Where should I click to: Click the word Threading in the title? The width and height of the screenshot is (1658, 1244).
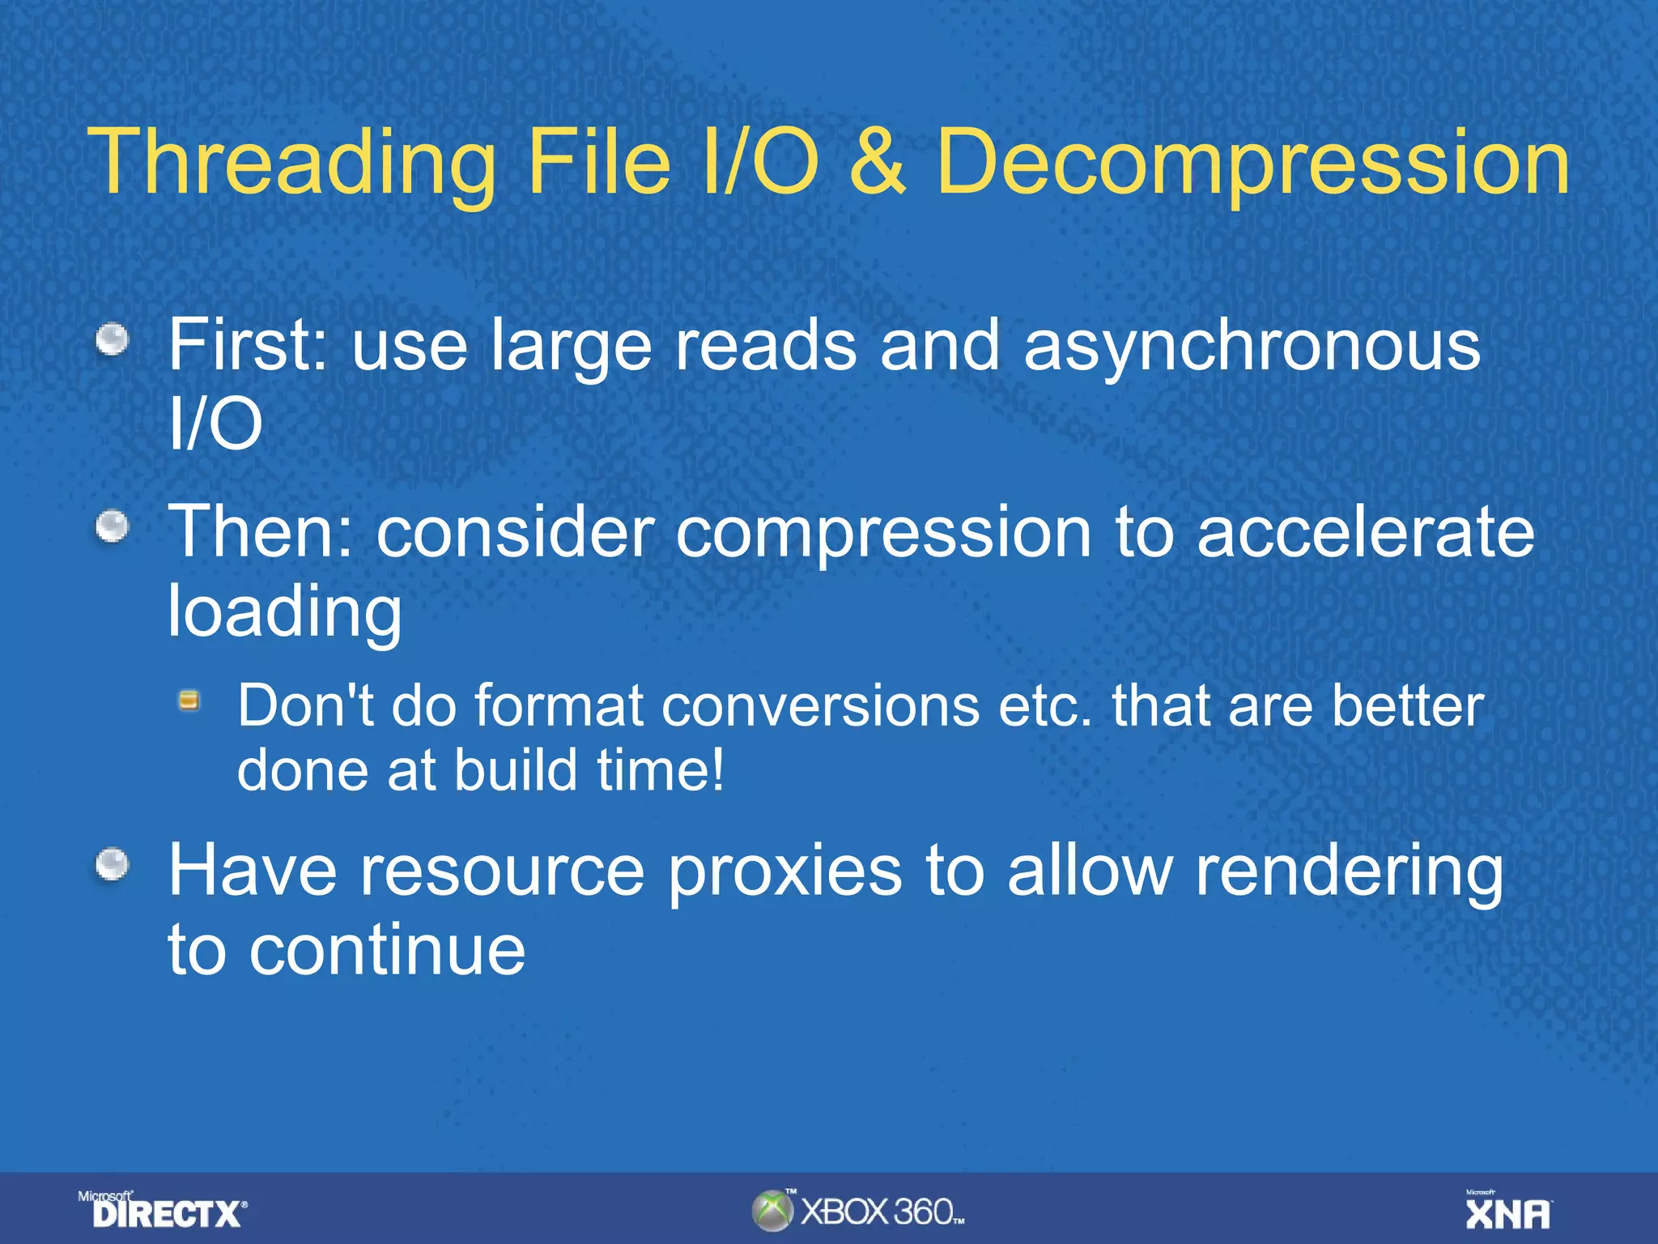pos(291,164)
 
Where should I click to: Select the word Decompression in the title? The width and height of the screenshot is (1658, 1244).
pos(1252,164)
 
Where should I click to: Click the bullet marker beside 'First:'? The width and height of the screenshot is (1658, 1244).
pos(113,339)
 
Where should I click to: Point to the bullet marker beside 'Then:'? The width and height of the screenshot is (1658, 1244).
pos(113,527)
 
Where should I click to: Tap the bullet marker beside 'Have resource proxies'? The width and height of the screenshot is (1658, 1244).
pos(113,865)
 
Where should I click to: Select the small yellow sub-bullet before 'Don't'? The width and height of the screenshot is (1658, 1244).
pos(189,701)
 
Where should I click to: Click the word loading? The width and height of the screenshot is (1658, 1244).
pos(284,613)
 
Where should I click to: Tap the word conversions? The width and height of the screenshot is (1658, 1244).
pos(820,706)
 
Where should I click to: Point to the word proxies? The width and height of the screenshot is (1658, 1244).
pos(784,873)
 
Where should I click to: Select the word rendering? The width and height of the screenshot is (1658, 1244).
pos(1349,873)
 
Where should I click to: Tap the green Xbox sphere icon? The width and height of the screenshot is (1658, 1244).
pos(772,1211)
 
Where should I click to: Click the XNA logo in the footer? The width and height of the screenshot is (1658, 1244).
pos(1508,1212)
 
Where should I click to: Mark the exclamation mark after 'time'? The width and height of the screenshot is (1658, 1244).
pos(716,769)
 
